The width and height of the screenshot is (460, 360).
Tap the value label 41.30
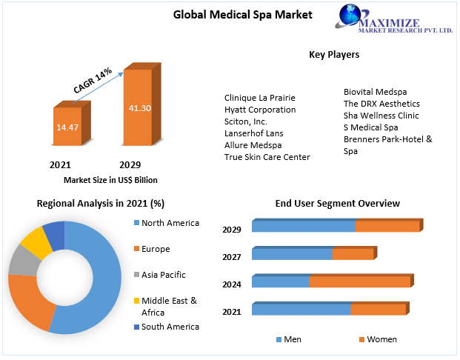[x=140, y=108]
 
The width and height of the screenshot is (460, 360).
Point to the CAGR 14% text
[x=93, y=80]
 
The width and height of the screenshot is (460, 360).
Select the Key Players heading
[x=333, y=55]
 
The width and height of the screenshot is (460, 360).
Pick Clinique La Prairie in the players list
[x=259, y=98]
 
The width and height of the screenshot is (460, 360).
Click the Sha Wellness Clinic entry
[x=381, y=116]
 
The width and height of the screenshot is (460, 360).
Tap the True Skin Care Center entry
[x=267, y=157]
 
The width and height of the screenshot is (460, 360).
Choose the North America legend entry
[x=170, y=223]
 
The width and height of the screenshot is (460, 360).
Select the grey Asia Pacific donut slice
[x=24, y=259]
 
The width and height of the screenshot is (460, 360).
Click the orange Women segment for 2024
[x=360, y=281]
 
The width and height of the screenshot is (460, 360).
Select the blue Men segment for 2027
[x=292, y=254]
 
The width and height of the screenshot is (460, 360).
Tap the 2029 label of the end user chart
[x=232, y=230]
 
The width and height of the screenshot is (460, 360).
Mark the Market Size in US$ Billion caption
[x=110, y=180]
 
